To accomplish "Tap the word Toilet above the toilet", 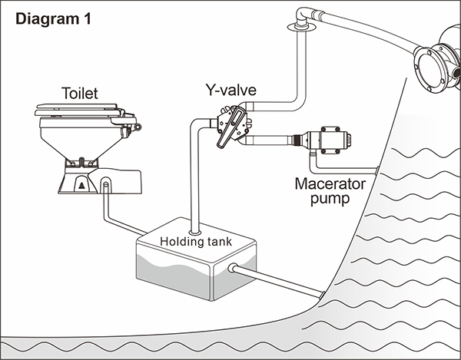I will [x=80, y=94].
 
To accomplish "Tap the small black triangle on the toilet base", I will [x=80, y=184].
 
